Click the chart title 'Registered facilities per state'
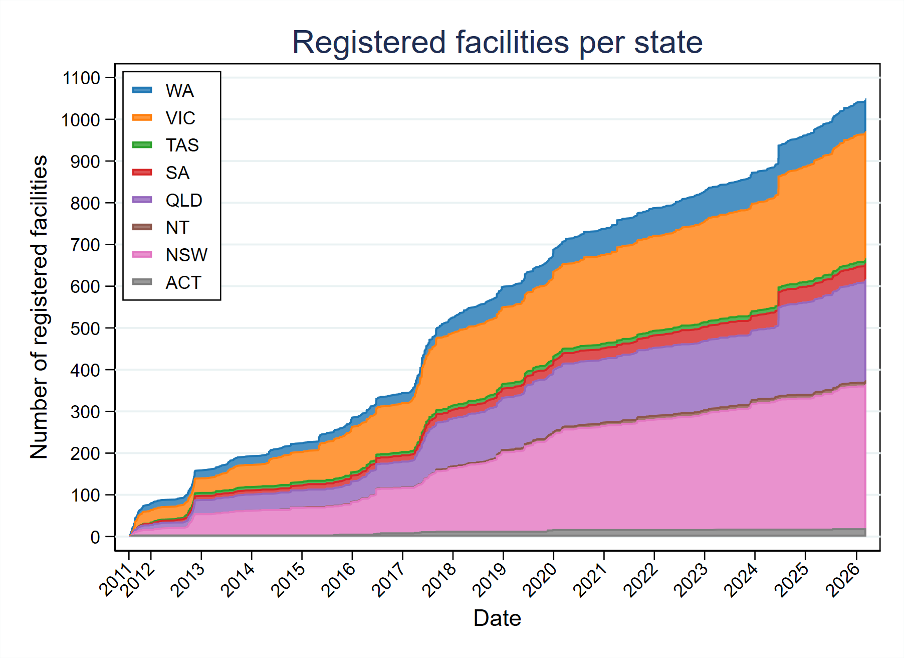(497, 42)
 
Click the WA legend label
(179, 91)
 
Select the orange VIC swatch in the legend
(142, 117)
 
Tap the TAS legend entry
(182, 145)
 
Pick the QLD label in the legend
(184, 201)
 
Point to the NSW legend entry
(186, 255)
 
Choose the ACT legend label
(183, 283)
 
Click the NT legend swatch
(142, 227)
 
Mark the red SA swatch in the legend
(142, 173)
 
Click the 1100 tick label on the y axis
(81, 78)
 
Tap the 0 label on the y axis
(95, 537)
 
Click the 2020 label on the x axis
(540, 580)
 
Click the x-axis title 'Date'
(497, 618)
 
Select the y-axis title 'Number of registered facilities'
(39, 307)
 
